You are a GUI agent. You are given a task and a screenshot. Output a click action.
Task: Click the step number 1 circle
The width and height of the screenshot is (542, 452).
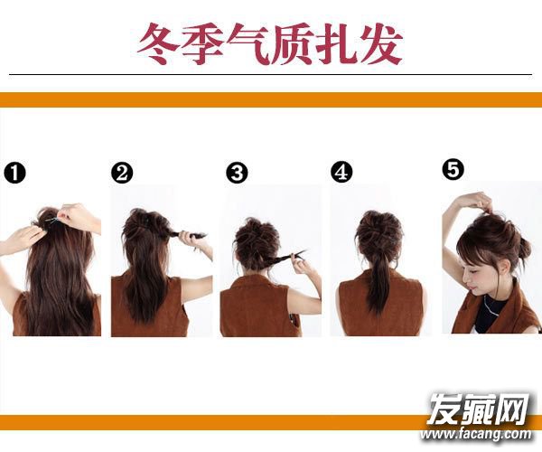click(x=14, y=173)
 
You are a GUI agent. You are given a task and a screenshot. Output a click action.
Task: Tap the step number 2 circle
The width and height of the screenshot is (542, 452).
click(x=122, y=173)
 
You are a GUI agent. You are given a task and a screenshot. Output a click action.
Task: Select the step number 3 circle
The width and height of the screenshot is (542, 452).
click(x=237, y=173)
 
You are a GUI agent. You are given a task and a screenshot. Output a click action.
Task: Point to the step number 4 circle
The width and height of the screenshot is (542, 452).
click(x=341, y=173)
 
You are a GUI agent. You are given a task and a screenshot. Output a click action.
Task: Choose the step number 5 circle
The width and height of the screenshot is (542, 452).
click(x=453, y=169)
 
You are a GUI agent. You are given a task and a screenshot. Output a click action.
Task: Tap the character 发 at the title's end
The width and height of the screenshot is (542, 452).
click(x=381, y=44)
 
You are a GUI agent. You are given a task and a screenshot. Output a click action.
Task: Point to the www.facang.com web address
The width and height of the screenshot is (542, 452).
click(x=476, y=433)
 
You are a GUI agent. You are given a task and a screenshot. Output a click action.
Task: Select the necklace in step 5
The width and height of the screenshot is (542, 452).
click(x=494, y=306)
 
